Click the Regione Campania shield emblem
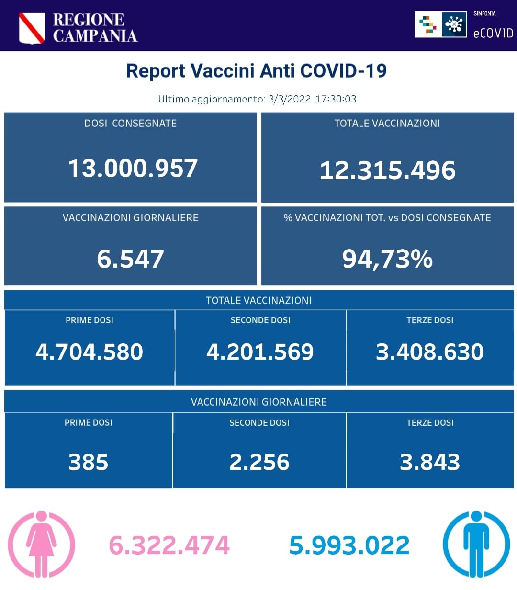click(32, 28)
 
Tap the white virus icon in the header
click(454, 24)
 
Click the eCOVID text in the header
click(493, 33)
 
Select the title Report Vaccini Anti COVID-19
click(256, 71)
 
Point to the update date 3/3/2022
click(289, 99)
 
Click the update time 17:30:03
click(336, 99)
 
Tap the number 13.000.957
click(133, 169)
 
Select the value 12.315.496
click(387, 170)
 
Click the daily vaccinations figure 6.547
click(130, 259)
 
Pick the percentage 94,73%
click(387, 259)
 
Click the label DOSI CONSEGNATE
click(130, 124)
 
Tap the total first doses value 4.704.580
click(90, 352)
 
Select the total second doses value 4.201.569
click(260, 352)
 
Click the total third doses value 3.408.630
click(429, 352)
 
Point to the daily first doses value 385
click(88, 462)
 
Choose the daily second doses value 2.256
click(259, 462)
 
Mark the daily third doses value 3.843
click(429, 462)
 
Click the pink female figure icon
click(42, 544)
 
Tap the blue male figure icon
click(476, 544)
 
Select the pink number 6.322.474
click(169, 545)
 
